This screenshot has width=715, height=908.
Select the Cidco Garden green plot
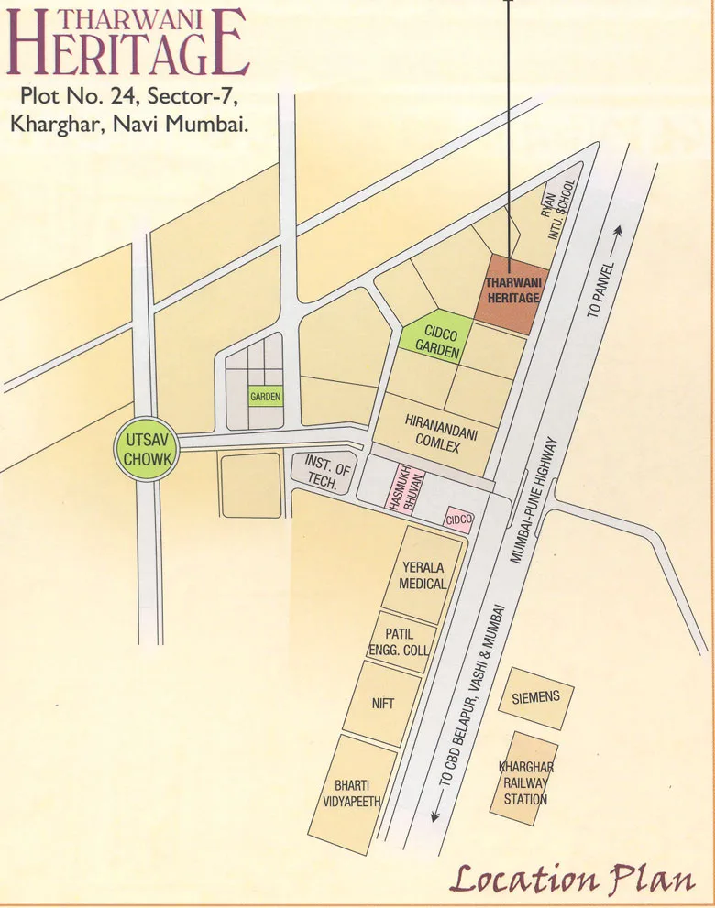(436, 338)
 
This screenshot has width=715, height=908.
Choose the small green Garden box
(265, 397)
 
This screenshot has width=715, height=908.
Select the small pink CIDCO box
(458, 520)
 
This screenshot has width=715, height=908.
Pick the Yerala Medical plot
(423, 575)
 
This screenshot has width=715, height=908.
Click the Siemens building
(536, 699)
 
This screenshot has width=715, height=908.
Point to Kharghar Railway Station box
(525, 781)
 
